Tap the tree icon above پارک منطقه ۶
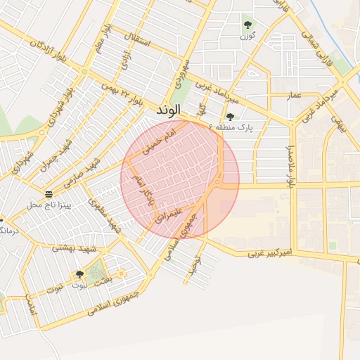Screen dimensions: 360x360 coord(230,117)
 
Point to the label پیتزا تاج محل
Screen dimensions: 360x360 coord(45,205)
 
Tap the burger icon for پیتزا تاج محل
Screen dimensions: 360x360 coord(48,194)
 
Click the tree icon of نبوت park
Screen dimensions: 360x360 coord(79,275)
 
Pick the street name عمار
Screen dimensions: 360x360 coord(295,94)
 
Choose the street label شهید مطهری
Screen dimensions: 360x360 coord(105,214)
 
